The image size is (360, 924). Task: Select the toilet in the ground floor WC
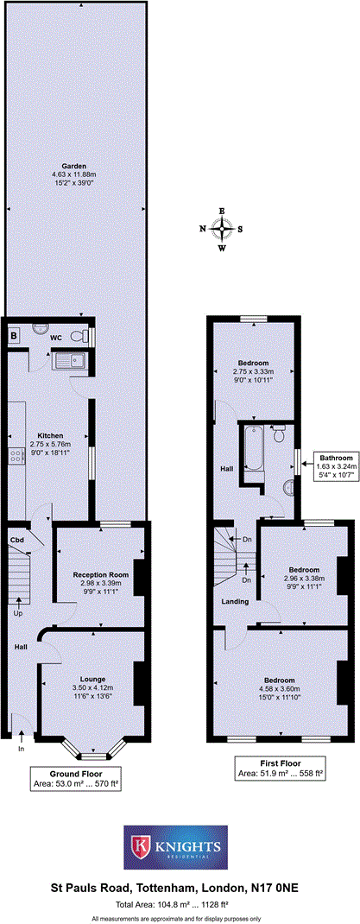(x=80, y=336)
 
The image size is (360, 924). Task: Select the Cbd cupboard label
(x=16, y=541)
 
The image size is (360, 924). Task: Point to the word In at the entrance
(x=22, y=749)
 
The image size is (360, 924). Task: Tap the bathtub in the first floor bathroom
(x=253, y=449)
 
